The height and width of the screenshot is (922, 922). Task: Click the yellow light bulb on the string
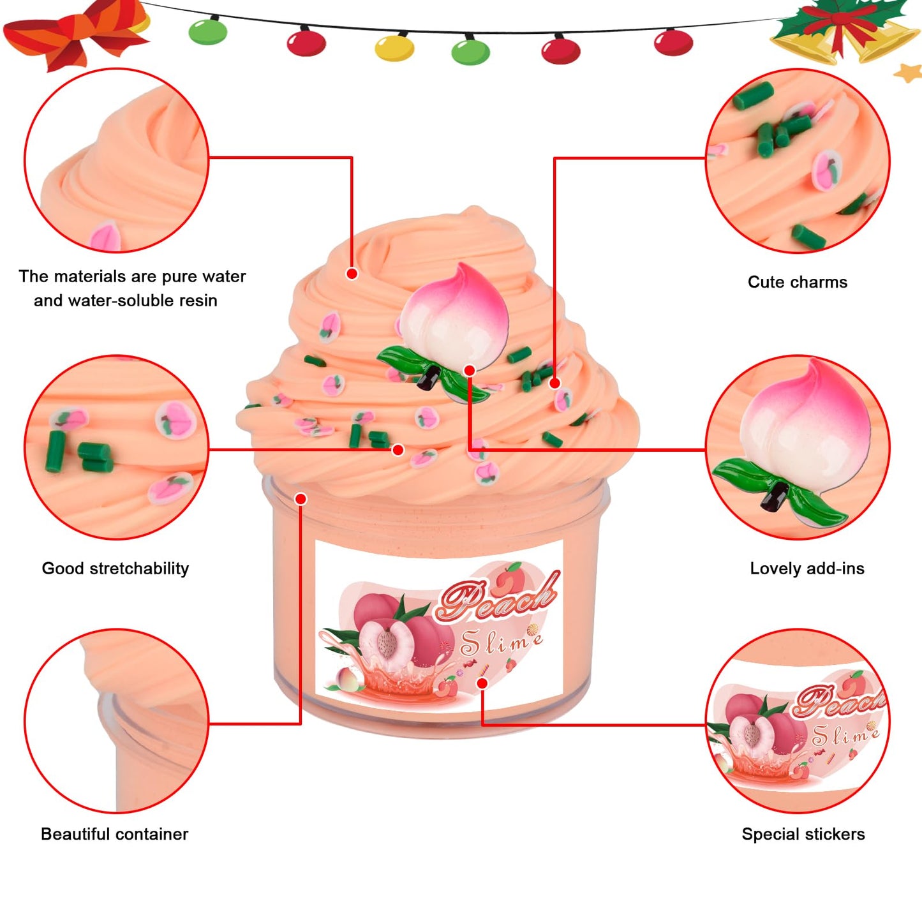[394, 48]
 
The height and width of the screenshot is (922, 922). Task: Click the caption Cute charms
[798, 282]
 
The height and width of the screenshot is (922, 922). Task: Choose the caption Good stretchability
[115, 569]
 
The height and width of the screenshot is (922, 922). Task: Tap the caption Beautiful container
[115, 834]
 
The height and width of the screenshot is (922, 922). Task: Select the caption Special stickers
[803, 834]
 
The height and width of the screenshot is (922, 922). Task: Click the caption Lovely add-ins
[807, 569]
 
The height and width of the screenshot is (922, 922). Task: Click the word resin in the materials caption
[196, 301]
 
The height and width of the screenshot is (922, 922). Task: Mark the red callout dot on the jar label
[482, 683]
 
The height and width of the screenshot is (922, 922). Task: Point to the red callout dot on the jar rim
[301, 498]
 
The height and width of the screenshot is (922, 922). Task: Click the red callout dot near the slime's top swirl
[352, 274]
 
